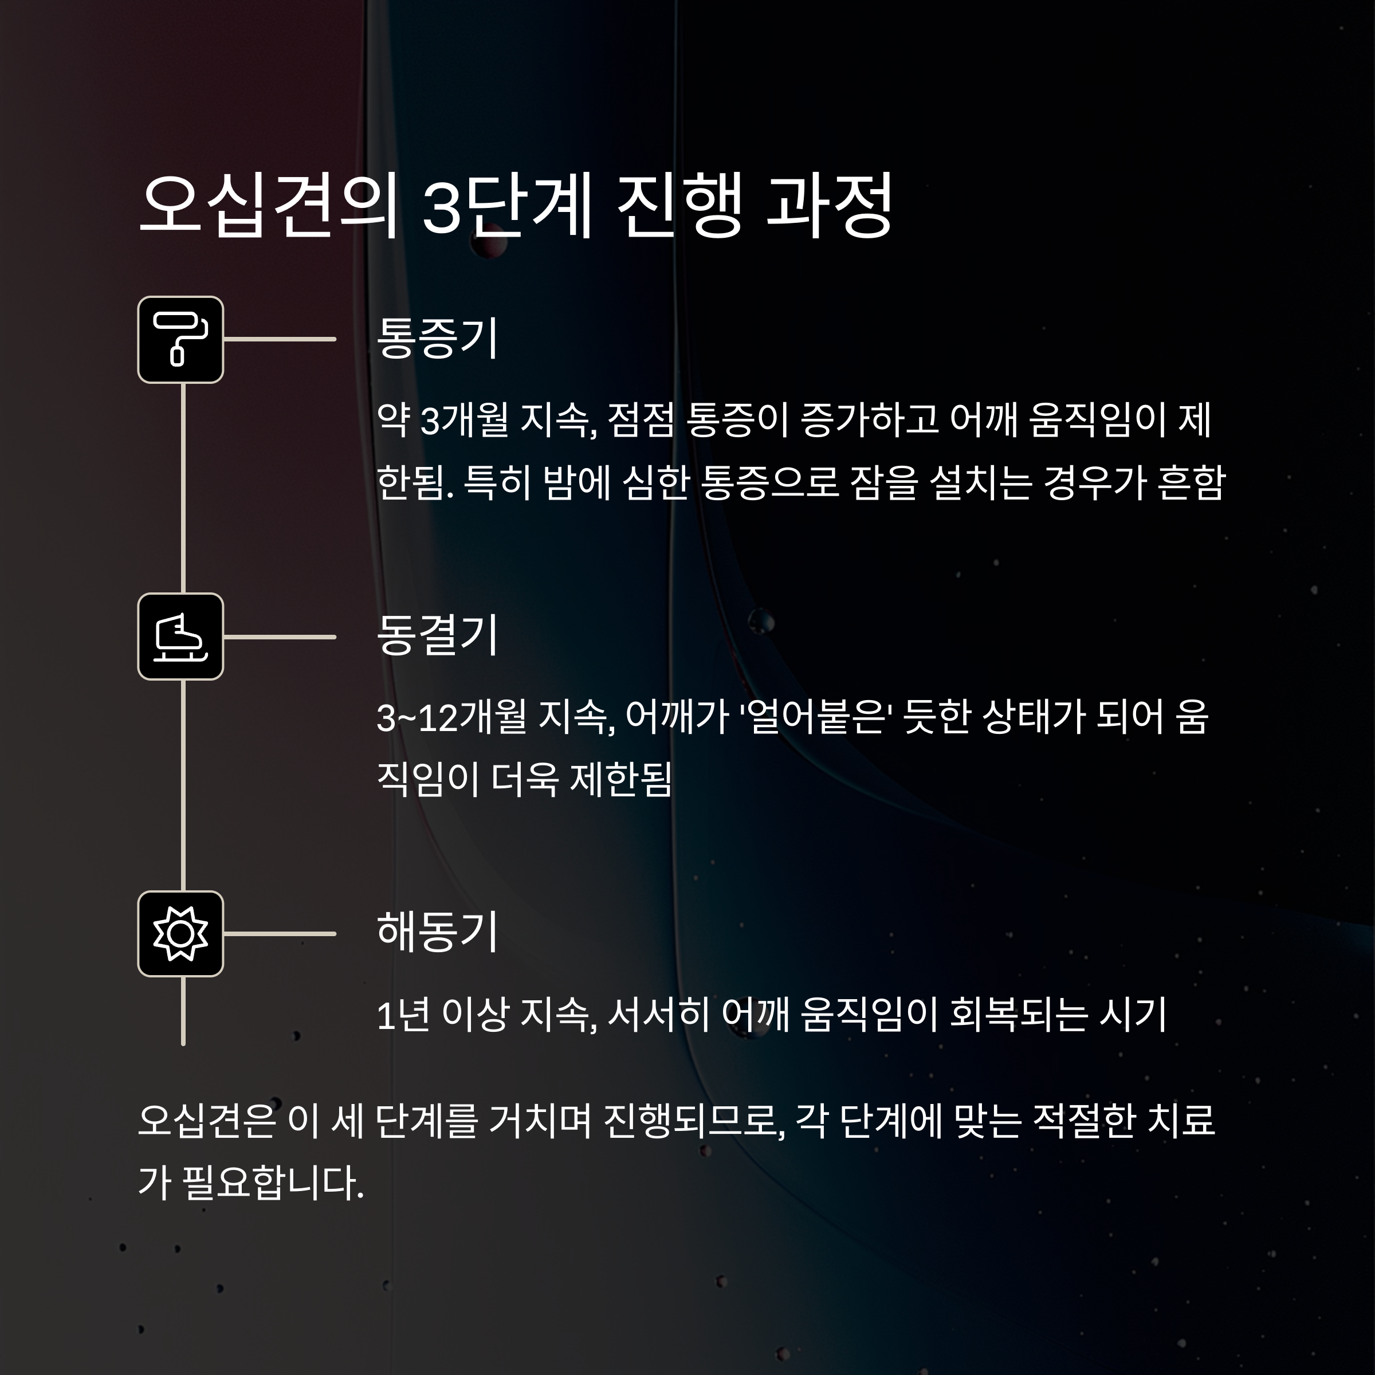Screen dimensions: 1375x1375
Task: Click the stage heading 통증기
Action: (x=437, y=338)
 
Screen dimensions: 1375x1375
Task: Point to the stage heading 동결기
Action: (x=437, y=635)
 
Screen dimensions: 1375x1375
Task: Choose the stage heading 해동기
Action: (x=437, y=932)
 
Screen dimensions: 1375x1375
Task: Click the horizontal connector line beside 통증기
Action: (x=280, y=340)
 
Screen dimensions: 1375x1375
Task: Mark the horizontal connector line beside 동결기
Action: (x=280, y=637)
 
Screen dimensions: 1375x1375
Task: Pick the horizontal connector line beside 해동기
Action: (x=280, y=934)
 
